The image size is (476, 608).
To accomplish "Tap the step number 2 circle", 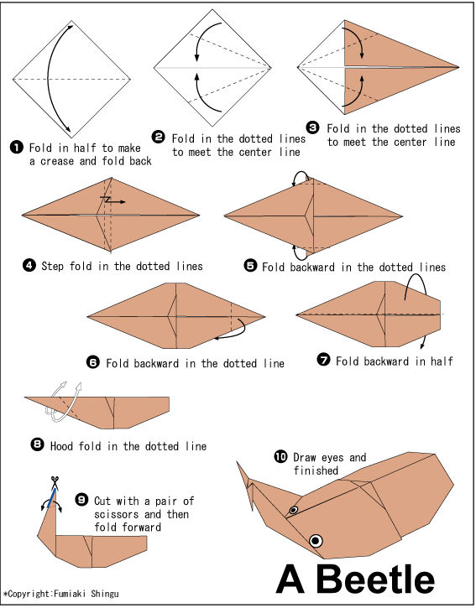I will (x=159, y=138).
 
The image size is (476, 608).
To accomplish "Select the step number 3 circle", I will (x=312, y=128).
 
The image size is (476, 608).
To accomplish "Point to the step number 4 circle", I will (x=29, y=266).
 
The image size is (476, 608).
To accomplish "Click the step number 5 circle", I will (x=250, y=266).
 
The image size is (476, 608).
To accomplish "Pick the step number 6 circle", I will (x=93, y=362).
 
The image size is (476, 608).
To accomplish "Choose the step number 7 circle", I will (x=322, y=361).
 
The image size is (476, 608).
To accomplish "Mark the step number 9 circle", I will (x=81, y=500).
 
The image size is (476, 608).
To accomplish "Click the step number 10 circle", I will (x=280, y=457).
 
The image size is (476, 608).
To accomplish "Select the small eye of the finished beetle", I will (x=294, y=510).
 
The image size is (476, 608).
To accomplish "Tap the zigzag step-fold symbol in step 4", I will (x=108, y=200).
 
